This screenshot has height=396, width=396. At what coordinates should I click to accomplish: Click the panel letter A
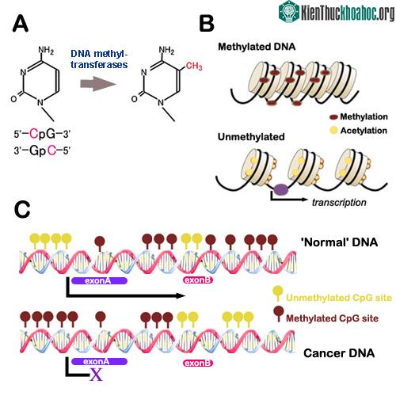[x=21, y=24]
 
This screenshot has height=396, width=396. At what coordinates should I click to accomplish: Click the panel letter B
[x=207, y=24]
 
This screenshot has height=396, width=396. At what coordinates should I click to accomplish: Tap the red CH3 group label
[x=194, y=66]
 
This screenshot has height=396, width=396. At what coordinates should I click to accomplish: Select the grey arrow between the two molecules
[x=98, y=84]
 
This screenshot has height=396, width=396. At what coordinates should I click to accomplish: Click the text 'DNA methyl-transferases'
[x=99, y=59]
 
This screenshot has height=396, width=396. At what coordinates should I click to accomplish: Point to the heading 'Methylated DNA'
[x=257, y=47]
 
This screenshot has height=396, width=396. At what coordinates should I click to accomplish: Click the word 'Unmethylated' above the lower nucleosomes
[x=251, y=137]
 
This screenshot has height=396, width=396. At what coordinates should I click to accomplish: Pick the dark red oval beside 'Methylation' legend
[x=333, y=116]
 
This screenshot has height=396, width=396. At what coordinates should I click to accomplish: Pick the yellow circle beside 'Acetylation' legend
[x=333, y=130]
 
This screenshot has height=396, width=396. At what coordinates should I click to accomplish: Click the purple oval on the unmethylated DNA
[x=280, y=189]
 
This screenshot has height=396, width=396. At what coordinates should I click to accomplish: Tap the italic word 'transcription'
[x=339, y=203]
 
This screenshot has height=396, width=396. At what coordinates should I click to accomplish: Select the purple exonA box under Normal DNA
[x=100, y=280]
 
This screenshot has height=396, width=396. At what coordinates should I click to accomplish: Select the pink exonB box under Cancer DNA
[x=198, y=363]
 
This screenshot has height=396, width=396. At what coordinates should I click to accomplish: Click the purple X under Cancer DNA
[x=96, y=375]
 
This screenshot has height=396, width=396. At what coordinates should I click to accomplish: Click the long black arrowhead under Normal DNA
[x=181, y=295]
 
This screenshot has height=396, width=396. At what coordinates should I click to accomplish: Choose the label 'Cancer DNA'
[x=339, y=353]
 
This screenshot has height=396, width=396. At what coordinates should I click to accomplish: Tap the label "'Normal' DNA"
[x=339, y=242]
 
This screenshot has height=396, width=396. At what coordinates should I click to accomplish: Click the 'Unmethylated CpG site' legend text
[x=339, y=298]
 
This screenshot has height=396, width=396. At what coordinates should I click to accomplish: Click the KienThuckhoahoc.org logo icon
[x=289, y=12]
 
